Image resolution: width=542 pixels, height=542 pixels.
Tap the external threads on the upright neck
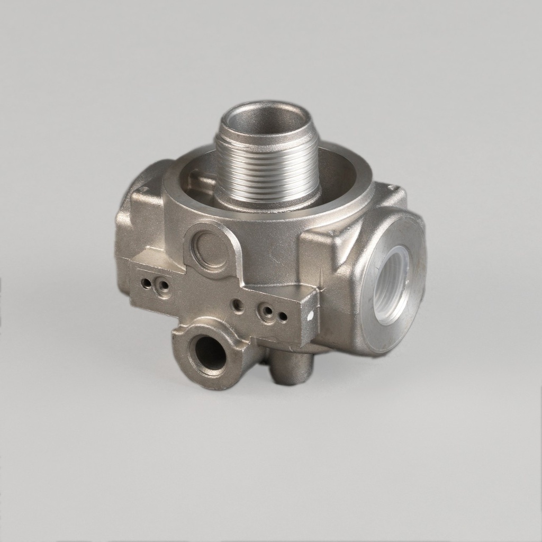coord(267,167)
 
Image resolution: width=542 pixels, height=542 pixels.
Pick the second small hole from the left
coord(164,287)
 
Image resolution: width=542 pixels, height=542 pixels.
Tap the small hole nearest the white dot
coord(283,317)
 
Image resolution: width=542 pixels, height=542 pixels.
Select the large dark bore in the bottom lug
coord(210,353)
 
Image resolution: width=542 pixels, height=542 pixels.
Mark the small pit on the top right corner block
coord(391,187)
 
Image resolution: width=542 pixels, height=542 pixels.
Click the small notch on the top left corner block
coord(143,189)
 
